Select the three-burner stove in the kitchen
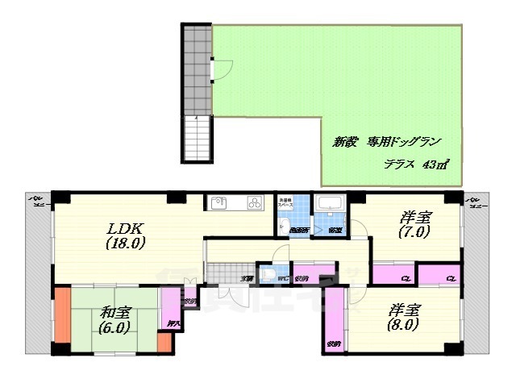(254, 203)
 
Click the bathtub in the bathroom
(329, 203)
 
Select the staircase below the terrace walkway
(198, 138)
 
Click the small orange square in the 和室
(164, 343)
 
